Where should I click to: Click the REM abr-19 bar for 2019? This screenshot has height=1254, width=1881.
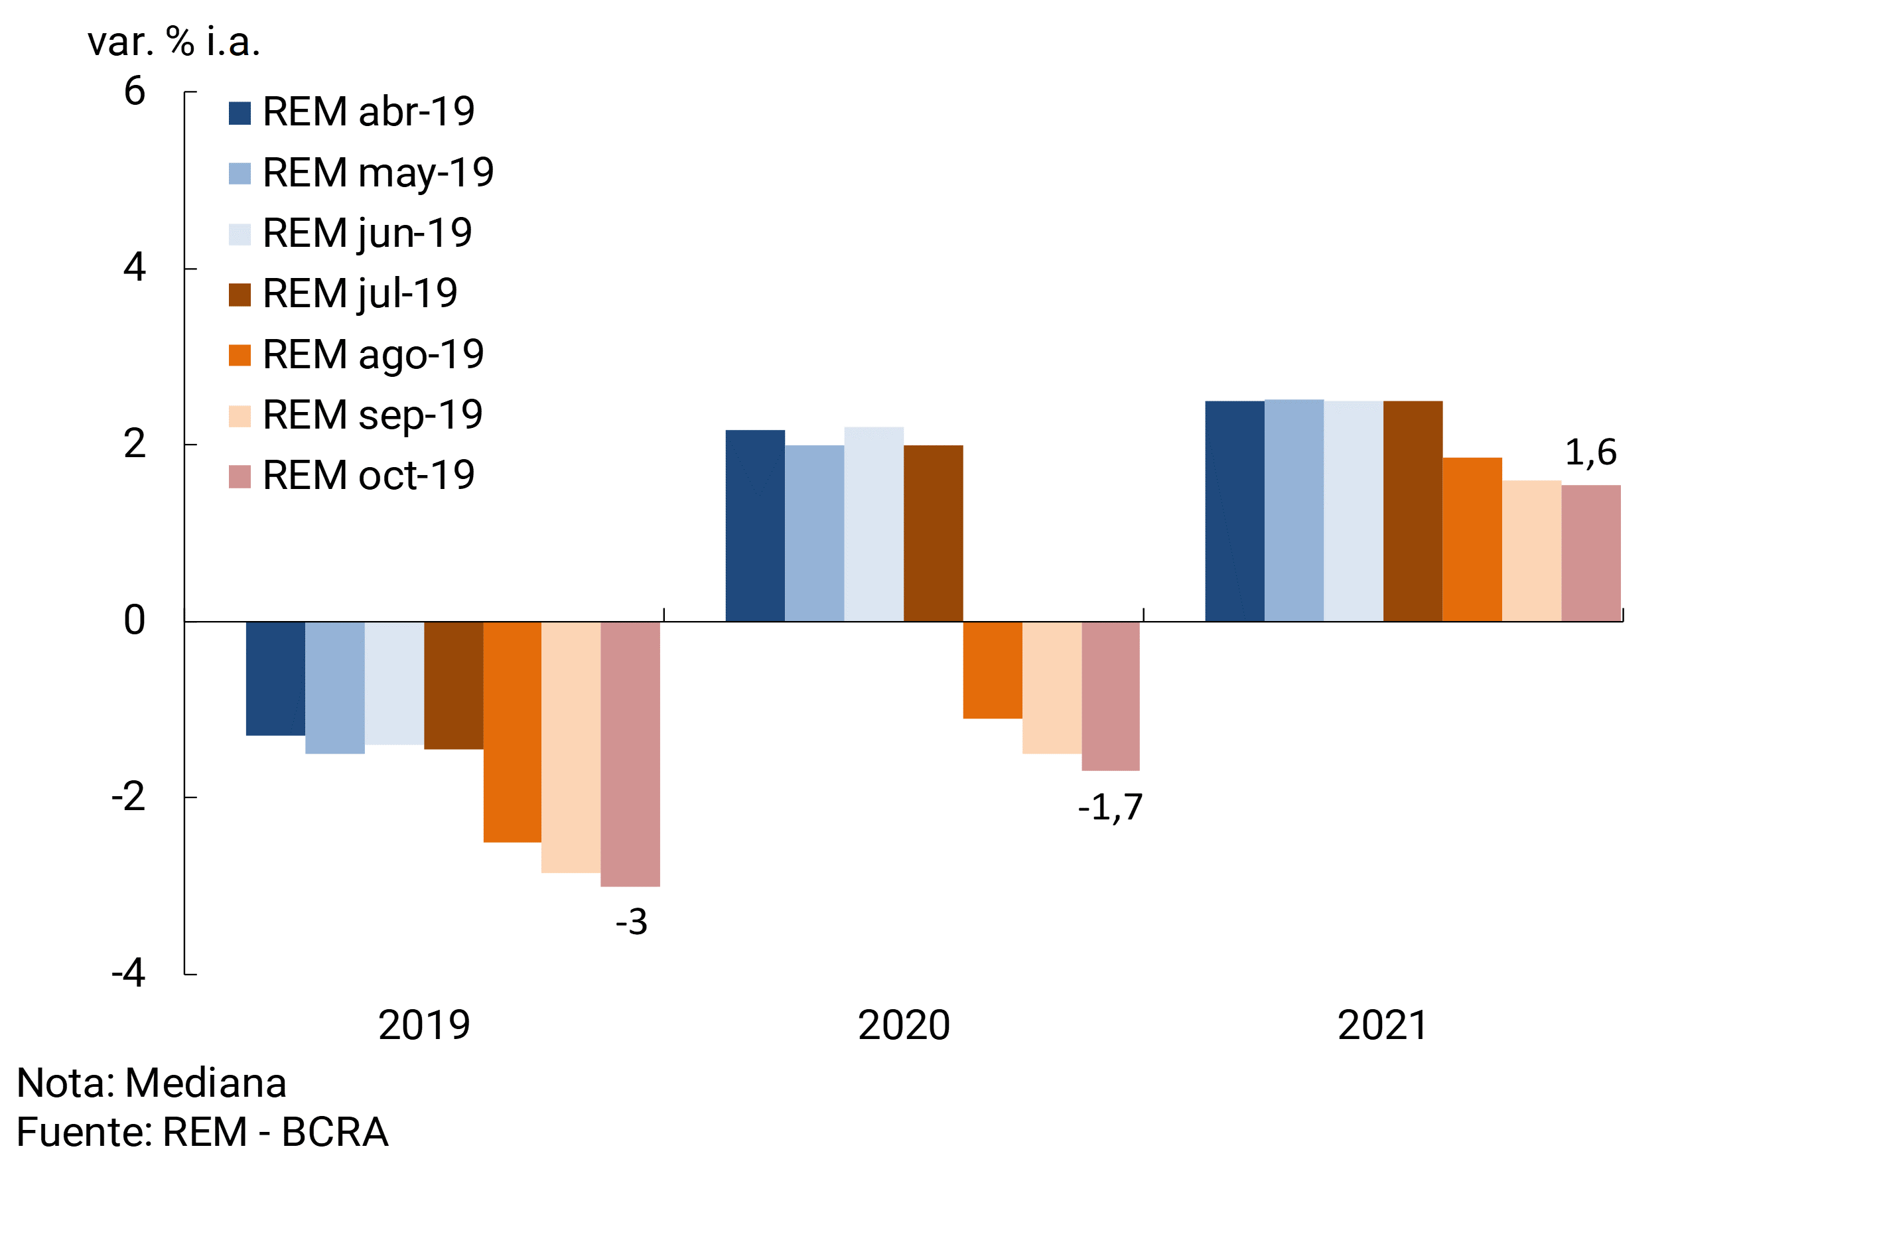tap(275, 678)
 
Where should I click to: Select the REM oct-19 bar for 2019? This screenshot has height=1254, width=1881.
tap(630, 753)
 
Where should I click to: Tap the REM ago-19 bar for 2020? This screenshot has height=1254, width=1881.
tap(992, 670)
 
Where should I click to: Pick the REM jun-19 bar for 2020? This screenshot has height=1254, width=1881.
tap(873, 524)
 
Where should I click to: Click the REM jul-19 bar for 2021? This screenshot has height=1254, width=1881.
tap(1413, 511)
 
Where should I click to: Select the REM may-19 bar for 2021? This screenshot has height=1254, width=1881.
tap(1294, 510)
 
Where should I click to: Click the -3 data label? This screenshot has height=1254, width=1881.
tap(631, 922)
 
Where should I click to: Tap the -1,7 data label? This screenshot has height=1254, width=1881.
tap(1110, 807)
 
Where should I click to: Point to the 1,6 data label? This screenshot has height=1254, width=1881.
tap(1590, 453)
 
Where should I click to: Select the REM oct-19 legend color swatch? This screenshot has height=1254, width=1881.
tap(239, 476)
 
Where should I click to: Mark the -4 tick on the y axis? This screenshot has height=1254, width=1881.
tap(128, 973)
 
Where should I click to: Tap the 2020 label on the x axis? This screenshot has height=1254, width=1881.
tap(904, 1025)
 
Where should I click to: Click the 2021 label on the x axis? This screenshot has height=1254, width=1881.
tap(1383, 1025)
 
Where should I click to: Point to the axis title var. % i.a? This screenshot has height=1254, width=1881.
tap(174, 42)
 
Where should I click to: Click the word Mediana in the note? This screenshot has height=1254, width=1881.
tap(206, 1083)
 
